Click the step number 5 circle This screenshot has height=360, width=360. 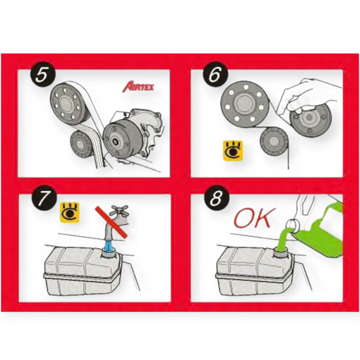pos(44,75)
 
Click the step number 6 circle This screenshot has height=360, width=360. pos(216,75)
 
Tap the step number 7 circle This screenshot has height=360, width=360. pos(44,198)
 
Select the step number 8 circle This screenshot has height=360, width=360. pos(216,198)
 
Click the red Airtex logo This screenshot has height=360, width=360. pos(138,87)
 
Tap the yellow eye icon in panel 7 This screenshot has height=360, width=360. pos(70,212)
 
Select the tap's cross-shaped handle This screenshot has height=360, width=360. pos(120,211)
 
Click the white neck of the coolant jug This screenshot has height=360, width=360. pos(293,225)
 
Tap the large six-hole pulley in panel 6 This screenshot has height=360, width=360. pos(245,104)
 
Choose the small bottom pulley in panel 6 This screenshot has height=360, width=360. pos(274,141)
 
